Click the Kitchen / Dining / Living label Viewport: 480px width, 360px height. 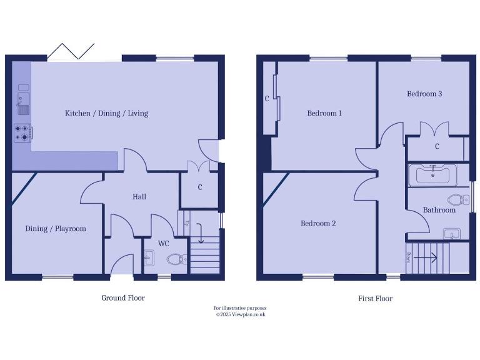(x=106, y=113)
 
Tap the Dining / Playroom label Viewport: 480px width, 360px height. (x=56, y=229)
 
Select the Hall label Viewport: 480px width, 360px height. (x=139, y=196)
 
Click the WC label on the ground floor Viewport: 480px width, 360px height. (x=163, y=243)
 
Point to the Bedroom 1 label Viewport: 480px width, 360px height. (x=324, y=113)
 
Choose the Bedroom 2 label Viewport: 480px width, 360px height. (x=318, y=223)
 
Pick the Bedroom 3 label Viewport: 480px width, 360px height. (x=424, y=94)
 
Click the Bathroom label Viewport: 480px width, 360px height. (x=439, y=210)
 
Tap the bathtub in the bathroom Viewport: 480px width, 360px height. (x=432, y=175)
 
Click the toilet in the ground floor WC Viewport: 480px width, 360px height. (x=176, y=259)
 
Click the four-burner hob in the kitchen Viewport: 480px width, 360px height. (x=23, y=132)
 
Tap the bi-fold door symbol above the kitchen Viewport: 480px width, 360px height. (x=71, y=51)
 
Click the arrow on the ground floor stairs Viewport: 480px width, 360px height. (x=200, y=234)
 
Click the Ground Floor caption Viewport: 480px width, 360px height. (x=123, y=298)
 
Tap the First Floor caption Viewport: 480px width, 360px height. (x=375, y=299)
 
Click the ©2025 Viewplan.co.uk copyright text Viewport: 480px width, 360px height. (x=241, y=314)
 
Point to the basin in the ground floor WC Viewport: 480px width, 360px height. (x=149, y=257)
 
